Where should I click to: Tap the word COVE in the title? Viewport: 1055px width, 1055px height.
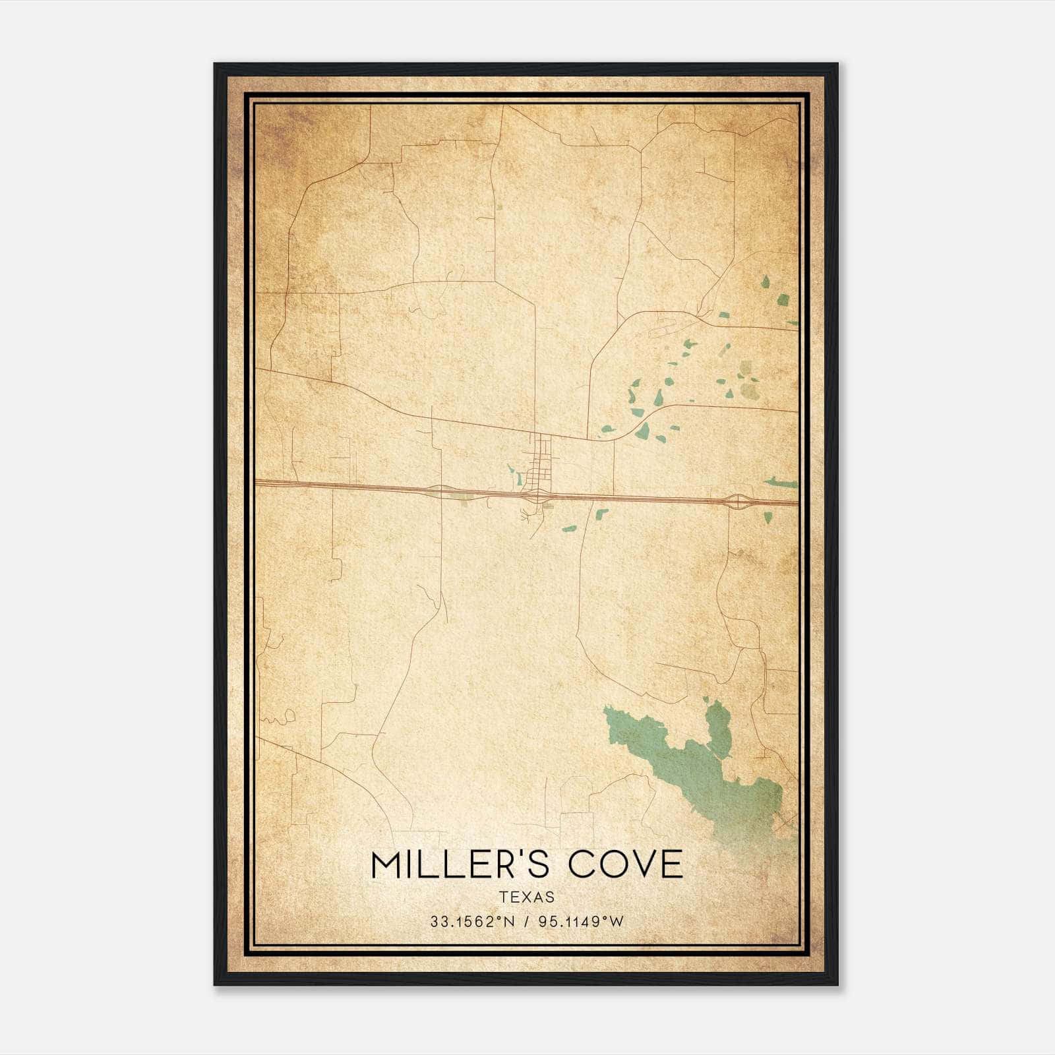[x=626, y=864]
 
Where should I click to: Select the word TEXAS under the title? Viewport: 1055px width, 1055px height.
[x=527, y=897]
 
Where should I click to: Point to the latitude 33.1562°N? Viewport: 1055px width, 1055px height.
[x=471, y=922]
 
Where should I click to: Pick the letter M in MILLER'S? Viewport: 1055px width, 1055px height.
[x=388, y=864]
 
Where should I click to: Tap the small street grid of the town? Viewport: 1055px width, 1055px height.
[x=543, y=462]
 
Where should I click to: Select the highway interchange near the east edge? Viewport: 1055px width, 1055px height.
[x=737, y=502]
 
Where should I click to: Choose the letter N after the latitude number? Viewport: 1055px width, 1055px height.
[x=508, y=922]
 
